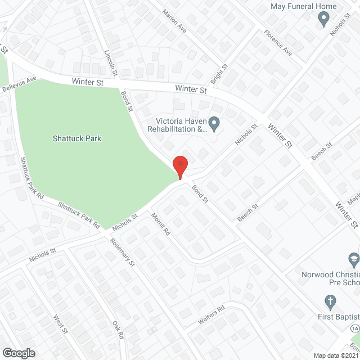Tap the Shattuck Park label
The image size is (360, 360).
pos(77,138)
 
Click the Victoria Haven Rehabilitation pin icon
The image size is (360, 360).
pos(214,122)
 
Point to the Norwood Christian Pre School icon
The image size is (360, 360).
pos(354,259)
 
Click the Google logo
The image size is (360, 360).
pos(18,353)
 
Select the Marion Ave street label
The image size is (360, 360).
pos(174,20)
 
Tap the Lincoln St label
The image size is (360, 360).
pos(110,61)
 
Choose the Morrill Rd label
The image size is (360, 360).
pos(160,224)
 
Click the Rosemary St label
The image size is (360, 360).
pos(123,251)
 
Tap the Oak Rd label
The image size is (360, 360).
pos(118,330)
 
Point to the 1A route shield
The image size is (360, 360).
pos(354,328)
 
